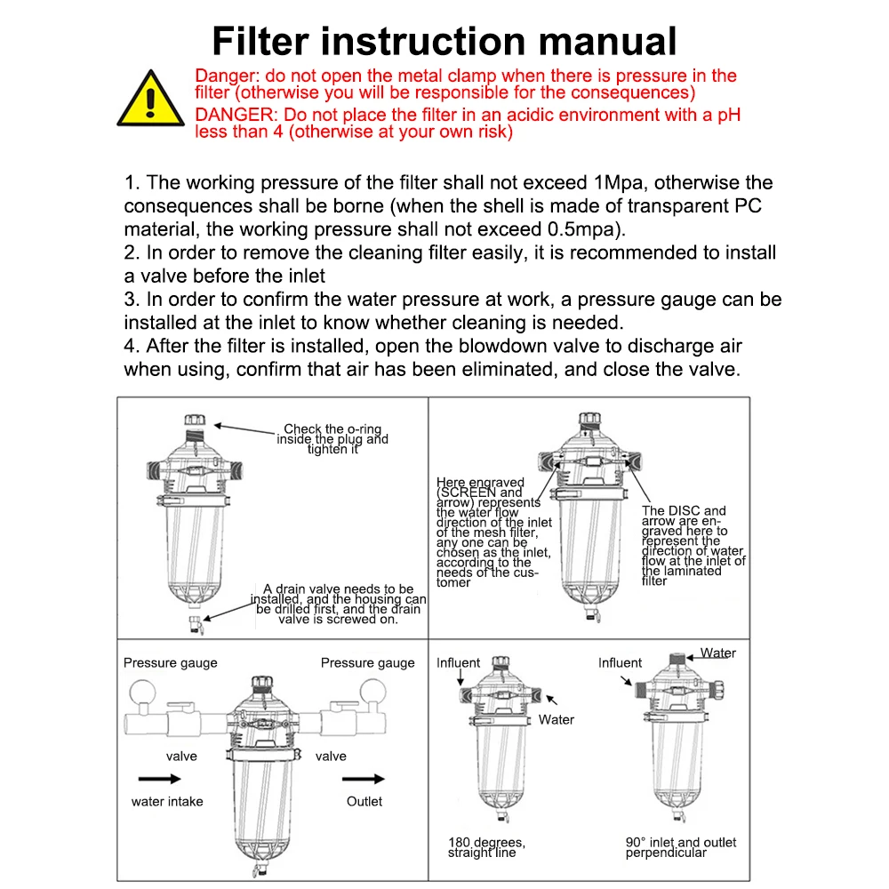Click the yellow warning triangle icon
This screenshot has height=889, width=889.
pos(150,100)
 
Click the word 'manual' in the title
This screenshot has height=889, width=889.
pos(607,42)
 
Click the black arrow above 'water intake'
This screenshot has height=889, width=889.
pos(159,779)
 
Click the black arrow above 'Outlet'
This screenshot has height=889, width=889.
pos(364,779)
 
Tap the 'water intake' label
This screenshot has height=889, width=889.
pos(167,801)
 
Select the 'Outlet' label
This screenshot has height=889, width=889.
pos(364,801)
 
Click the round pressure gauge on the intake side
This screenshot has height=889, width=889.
pos(142,693)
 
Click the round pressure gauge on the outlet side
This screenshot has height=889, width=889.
pos(373,693)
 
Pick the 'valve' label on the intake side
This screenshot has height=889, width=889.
pos(181,756)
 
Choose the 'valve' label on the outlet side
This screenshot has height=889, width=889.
pos(331,756)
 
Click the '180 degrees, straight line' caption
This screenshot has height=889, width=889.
pos(486,847)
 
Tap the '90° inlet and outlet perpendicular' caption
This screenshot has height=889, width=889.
pos(681,847)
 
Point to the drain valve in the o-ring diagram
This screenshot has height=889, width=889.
pos(196,625)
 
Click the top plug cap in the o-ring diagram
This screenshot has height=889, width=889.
pos(195,420)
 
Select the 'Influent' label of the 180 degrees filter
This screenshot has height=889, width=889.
pos(458,663)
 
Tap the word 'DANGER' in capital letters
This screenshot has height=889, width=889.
pos(236,115)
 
